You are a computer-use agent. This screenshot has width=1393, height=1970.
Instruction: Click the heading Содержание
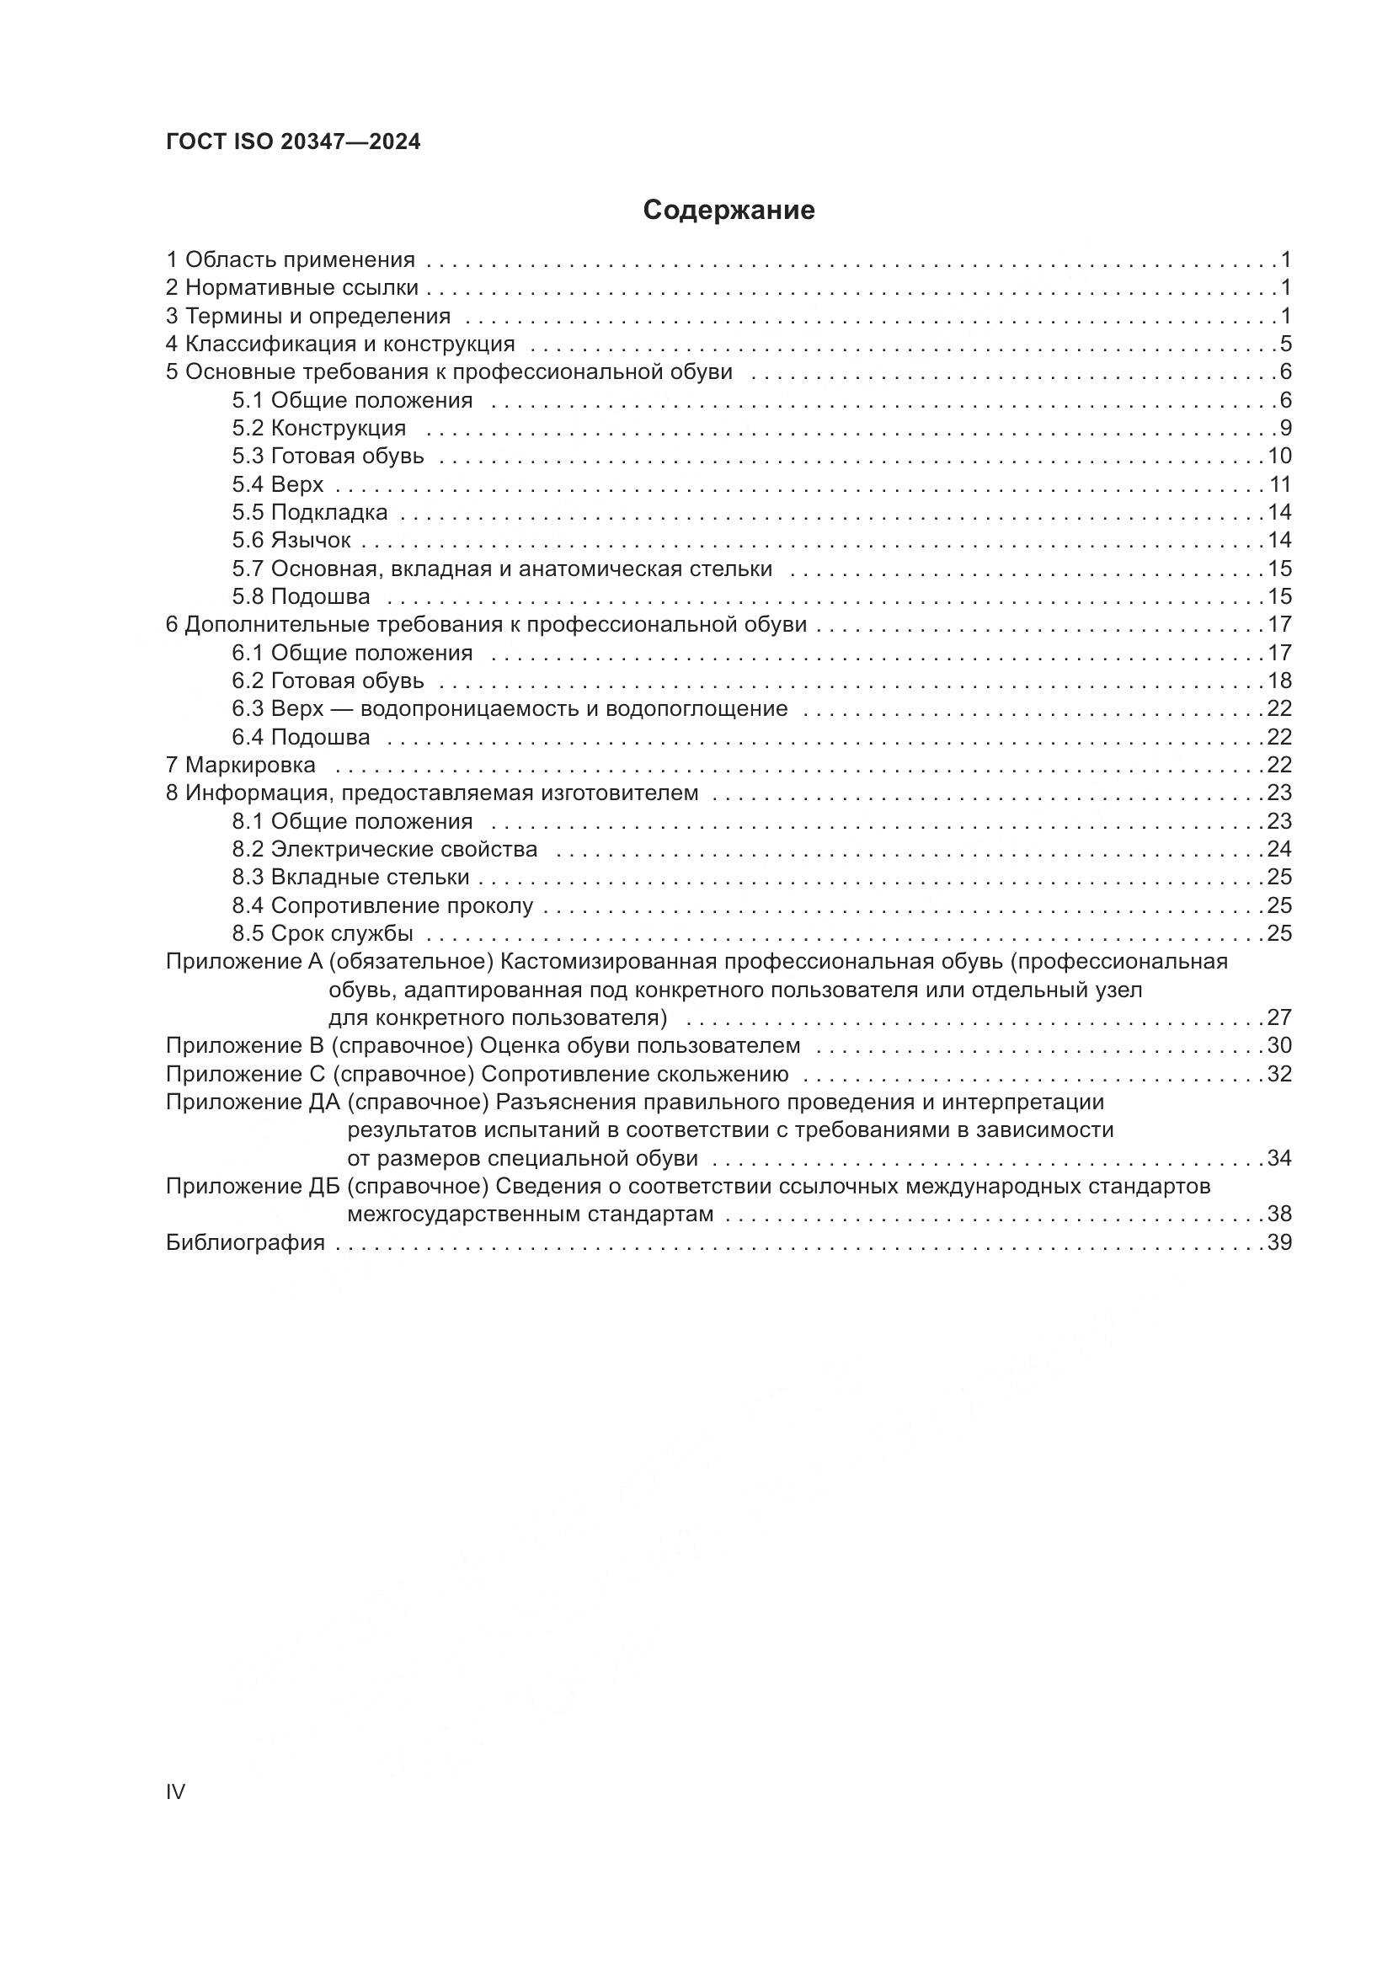[729, 211]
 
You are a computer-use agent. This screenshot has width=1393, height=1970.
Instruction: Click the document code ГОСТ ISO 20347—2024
[292, 142]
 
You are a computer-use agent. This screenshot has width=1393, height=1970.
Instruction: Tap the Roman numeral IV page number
[175, 1791]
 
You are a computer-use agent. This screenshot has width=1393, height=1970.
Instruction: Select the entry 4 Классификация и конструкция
[339, 344]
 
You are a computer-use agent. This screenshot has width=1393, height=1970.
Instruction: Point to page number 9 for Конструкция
[1285, 428]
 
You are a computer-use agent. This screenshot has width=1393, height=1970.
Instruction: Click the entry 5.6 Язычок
[291, 541]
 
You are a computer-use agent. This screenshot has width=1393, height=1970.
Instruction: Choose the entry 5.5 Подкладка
[309, 512]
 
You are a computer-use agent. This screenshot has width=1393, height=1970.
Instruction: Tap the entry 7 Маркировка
[240, 765]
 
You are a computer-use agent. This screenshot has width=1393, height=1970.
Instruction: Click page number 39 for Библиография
[1279, 1242]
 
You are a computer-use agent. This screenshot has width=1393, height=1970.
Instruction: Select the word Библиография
[245, 1242]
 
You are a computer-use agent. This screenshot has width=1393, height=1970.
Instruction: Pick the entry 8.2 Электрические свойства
[384, 850]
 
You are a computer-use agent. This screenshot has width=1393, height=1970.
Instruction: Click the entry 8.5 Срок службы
[323, 933]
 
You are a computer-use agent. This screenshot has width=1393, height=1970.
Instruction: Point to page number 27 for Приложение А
[1279, 1017]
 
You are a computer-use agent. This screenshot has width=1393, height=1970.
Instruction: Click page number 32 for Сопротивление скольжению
[1279, 1074]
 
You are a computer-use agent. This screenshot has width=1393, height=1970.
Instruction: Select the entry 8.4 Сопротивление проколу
[382, 905]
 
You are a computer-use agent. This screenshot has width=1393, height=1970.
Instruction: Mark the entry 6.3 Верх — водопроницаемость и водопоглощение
[510, 708]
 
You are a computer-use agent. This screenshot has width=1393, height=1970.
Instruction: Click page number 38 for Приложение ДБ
[1279, 1215]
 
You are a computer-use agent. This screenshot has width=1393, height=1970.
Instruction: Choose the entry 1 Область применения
[290, 260]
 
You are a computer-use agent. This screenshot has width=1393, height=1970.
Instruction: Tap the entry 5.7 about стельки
[502, 569]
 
